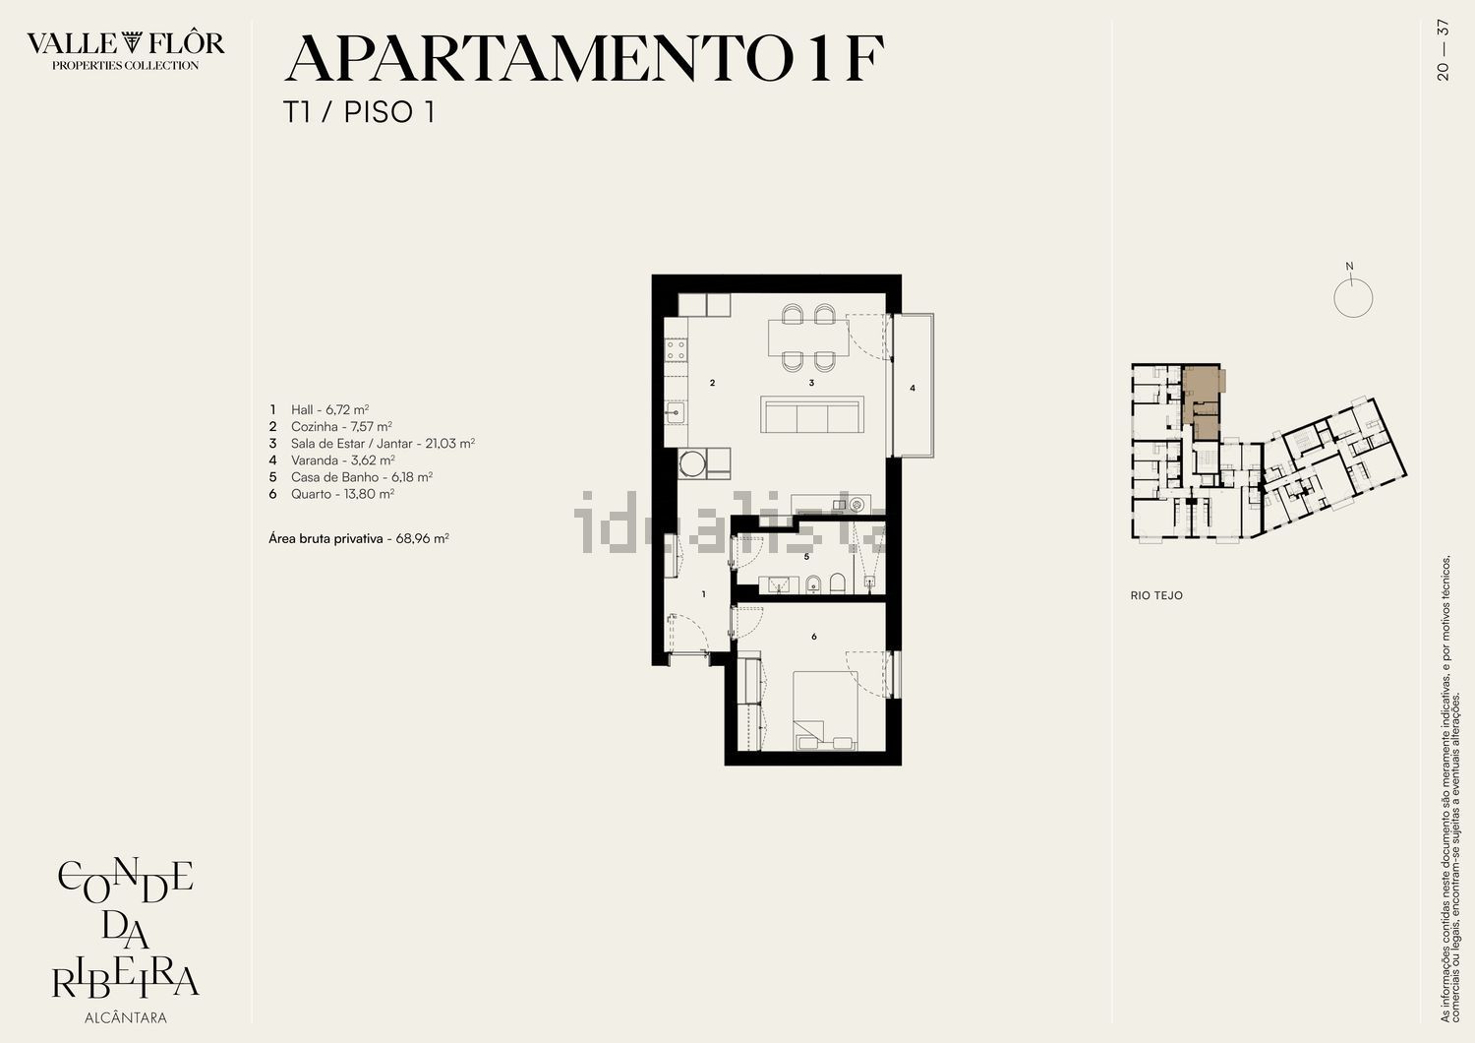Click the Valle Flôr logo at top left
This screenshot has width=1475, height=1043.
[125, 50]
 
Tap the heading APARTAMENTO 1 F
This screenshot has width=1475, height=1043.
[583, 58]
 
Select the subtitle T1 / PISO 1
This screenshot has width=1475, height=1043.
[359, 112]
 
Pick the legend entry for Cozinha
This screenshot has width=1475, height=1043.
[330, 426]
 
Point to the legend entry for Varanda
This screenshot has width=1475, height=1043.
[332, 460]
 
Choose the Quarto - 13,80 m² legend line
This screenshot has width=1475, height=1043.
[331, 494]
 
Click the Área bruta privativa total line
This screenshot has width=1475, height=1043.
[359, 538]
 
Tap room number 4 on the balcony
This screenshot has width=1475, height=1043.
[913, 388]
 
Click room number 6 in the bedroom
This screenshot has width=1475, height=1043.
[814, 637]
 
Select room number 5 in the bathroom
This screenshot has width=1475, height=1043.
[807, 557]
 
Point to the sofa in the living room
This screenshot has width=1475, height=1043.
[812, 414]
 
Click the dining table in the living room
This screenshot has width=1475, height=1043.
[808, 337]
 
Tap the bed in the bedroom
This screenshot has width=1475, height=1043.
[825, 711]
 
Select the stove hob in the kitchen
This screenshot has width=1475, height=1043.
[676, 349]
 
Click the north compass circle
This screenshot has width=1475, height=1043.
[1353, 298]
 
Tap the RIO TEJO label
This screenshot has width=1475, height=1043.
[1157, 595]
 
